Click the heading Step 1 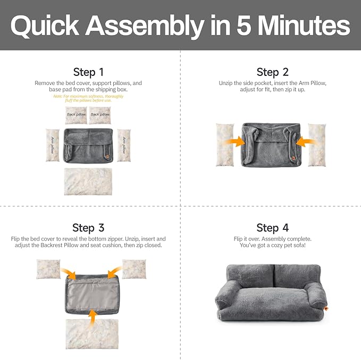click(x=88, y=72)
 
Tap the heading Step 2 click(x=272, y=72)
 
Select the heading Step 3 click(x=88, y=228)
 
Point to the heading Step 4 click(x=272, y=228)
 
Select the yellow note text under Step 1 click(x=88, y=98)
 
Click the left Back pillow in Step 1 click(x=76, y=115)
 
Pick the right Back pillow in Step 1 click(x=99, y=115)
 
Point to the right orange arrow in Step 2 click(x=306, y=142)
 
